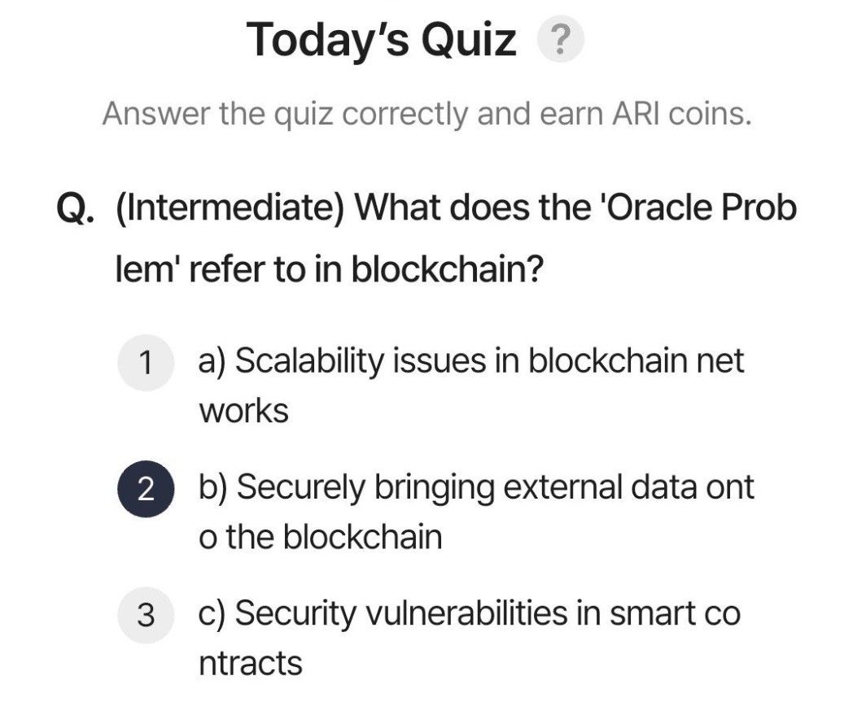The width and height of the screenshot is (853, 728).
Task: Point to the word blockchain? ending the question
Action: coord(447,268)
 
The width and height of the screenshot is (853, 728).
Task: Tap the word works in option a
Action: coord(243,412)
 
